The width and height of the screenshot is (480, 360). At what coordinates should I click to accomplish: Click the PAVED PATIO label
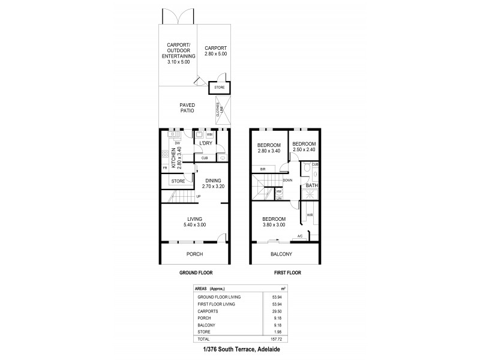click(x=187, y=107)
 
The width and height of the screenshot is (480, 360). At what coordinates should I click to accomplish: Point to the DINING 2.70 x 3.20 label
click(x=213, y=184)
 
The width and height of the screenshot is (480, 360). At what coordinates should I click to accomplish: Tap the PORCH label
click(x=194, y=254)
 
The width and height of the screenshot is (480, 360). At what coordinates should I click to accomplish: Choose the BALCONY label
click(x=281, y=254)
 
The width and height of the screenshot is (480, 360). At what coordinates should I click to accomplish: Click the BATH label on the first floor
click(x=311, y=186)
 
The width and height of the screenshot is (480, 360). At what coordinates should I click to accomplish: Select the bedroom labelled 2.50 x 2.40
click(x=302, y=147)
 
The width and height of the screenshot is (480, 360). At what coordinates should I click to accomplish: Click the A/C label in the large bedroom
click(x=300, y=236)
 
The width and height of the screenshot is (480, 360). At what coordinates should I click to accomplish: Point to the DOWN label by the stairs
click(x=287, y=179)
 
